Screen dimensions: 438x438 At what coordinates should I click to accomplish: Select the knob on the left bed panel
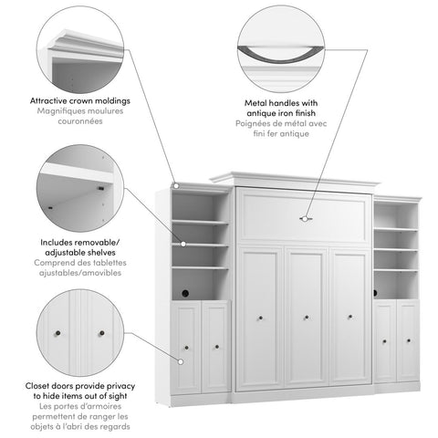point(261,318)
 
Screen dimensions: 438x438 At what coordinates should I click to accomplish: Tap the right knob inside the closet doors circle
point(101,332)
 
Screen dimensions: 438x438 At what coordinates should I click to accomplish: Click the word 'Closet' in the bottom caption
point(46,388)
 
